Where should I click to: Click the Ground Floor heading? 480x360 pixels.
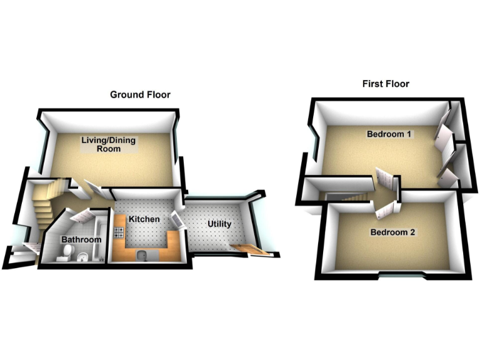pyautogui.click(x=140, y=94)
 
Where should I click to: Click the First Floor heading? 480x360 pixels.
pyautogui.click(x=386, y=84)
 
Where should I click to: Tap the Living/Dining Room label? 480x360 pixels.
pyautogui.click(x=109, y=145)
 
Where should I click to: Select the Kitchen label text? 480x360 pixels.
pyautogui.click(x=144, y=219)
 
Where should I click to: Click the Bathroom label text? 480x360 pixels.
pyautogui.click(x=81, y=240)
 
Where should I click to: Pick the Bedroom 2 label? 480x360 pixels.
pyautogui.click(x=392, y=232)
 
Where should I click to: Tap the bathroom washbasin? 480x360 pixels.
pyautogui.click(x=82, y=257)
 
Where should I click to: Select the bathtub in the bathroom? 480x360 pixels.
pyautogui.click(x=97, y=241)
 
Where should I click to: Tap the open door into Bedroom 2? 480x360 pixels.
pyautogui.click(x=384, y=207)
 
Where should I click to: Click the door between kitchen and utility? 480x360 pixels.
pyautogui.click(x=176, y=219)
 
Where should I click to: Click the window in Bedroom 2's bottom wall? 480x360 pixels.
pyautogui.click(x=401, y=275)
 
